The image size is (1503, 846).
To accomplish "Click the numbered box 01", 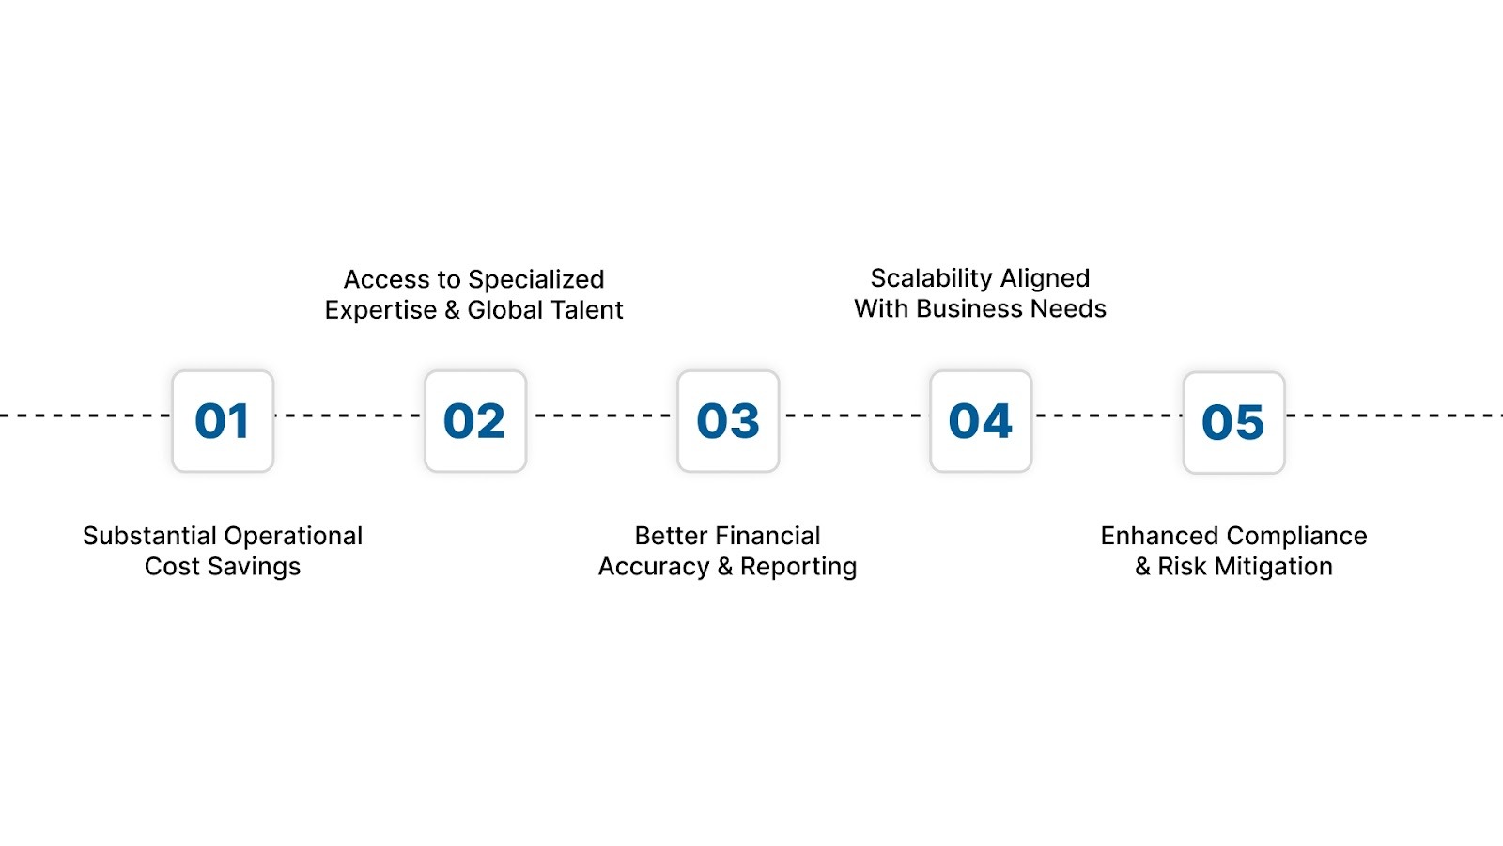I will pos(223,421).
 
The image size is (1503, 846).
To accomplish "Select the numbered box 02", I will pos(475,421).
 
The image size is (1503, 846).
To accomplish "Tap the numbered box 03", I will pos(728,421).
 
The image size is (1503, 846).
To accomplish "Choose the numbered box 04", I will pos(981,421).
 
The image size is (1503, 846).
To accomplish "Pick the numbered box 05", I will pos(1233,422).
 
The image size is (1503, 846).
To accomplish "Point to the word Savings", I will pos(255,567).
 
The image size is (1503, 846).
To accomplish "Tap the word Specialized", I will pos(535,280).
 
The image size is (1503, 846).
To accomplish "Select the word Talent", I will pos(585,310).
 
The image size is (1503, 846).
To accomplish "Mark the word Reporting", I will pos(798,567).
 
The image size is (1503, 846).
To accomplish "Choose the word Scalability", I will pos(932,278).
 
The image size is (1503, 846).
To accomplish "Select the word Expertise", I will pos(380,310).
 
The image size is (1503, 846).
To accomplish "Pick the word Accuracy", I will pos(654,567).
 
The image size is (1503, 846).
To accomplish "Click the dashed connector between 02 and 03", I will pos(601,415).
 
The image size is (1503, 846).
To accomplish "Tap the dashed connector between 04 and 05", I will pos(1107,415).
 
